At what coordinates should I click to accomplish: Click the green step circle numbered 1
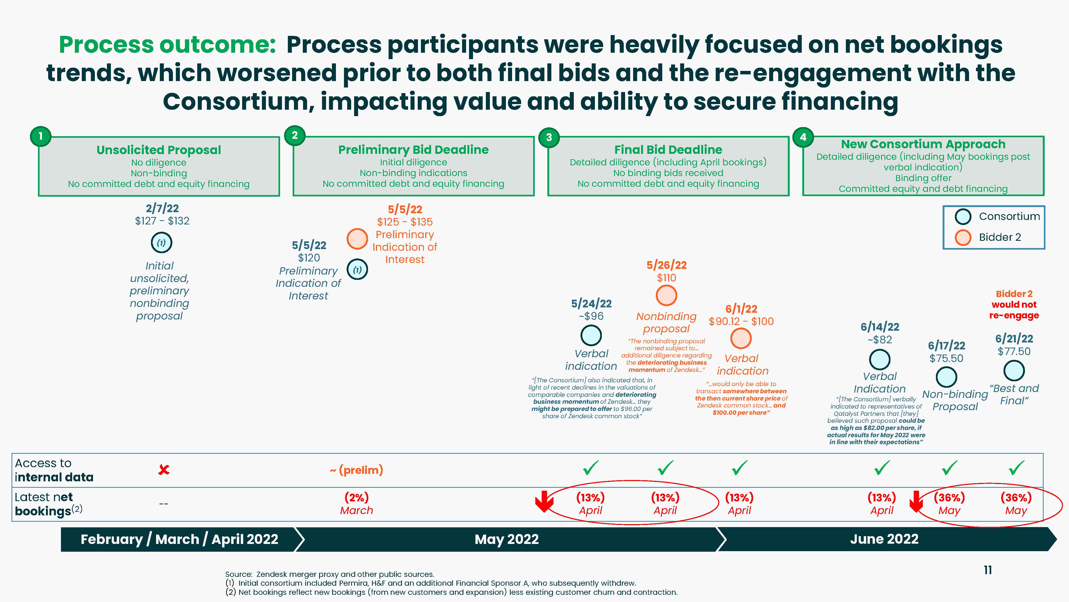(x=40, y=136)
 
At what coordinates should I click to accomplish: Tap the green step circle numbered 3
(x=549, y=137)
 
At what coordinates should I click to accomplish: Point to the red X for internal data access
(x=164, y=470)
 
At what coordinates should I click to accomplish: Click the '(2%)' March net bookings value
(x=357, y=497)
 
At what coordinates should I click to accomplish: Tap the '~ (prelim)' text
(x=357, y=470)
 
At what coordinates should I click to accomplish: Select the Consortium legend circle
(x=963, y=216)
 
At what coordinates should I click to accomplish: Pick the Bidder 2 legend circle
(x=963, y=237)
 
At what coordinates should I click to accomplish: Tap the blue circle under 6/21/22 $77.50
(x=1014, y=371)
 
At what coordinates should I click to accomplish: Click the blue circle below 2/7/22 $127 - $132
(x=161, y=243)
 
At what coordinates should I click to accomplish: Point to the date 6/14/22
(x=880, y=327)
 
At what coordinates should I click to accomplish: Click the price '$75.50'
(x=946, y=358)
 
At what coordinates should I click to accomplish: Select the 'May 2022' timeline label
(x=507, y=539)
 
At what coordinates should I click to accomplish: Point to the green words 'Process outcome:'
(x=167, y=44)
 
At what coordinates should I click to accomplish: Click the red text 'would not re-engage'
(x=1014, y=310)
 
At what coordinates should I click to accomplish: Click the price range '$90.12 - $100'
(x=741, y=322)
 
